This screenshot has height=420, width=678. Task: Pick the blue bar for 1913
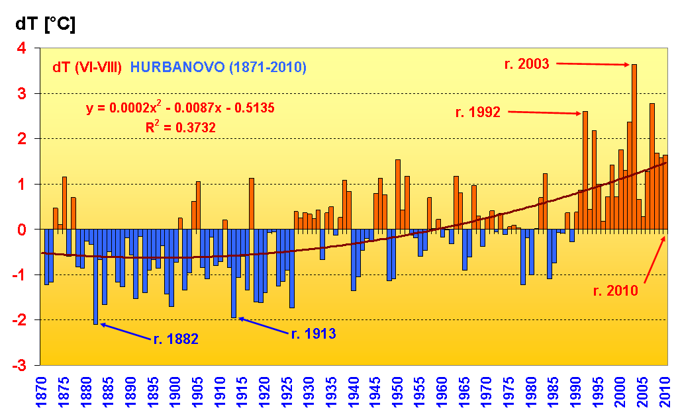tap(234, 274)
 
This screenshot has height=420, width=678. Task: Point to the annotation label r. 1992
tap(477, 112)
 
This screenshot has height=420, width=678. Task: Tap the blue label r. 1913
tap(314, 333)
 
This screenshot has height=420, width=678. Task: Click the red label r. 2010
tap(615, 290)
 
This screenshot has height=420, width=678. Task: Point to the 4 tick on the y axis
tap(22, 48)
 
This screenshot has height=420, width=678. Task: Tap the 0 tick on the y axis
tap(22, 230)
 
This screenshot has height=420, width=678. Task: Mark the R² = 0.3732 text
tap(181, 127)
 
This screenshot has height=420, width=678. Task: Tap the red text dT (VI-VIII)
tap(87, 67)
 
